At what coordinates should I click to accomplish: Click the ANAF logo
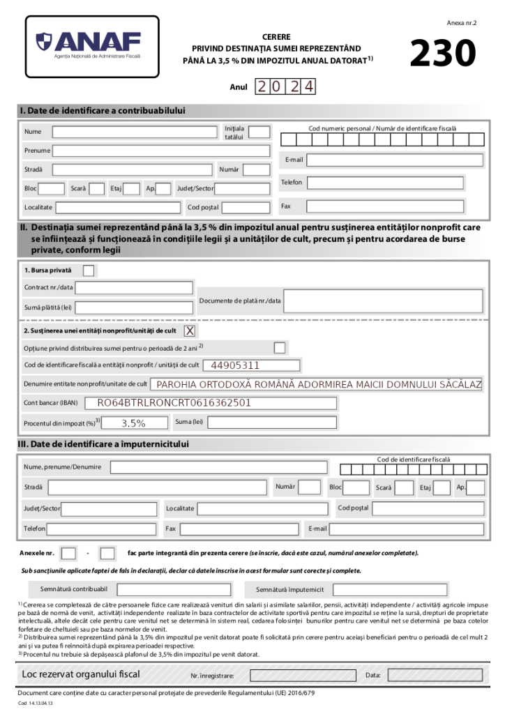tap(91, 46)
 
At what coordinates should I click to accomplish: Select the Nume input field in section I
tap(135, 132)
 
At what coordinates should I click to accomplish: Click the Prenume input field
tap(161, 151)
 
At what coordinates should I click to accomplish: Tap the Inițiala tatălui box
tap(259, 132)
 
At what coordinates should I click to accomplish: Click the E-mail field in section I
tap(395, 160)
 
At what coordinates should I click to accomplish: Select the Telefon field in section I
tap(385, 183)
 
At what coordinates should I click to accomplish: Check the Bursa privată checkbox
tap(89, 270)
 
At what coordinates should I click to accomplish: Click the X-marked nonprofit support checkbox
tap(189, 330)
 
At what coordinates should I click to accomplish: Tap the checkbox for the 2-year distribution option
tap(279, 347)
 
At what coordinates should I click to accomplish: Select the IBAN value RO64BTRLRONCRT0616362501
tap(174, 402)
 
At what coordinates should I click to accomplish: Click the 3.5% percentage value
tap(133, 423)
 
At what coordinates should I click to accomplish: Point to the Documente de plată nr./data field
tap(383, 301)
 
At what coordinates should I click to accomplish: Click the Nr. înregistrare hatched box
tap(301, 675)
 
